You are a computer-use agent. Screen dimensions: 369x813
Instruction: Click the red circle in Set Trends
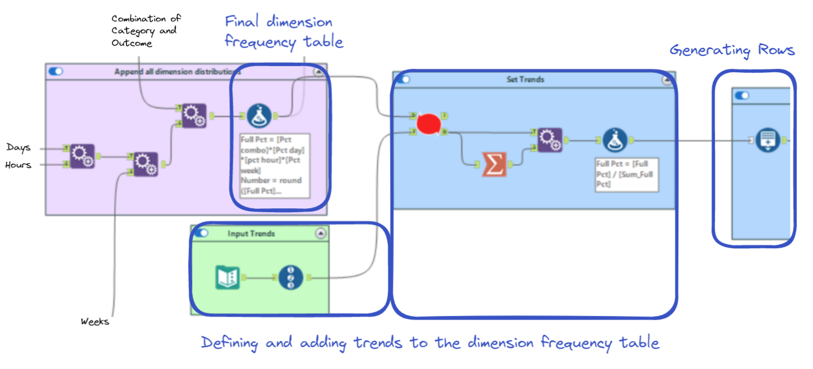(428, 124)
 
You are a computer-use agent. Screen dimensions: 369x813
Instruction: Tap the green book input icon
(228, 277)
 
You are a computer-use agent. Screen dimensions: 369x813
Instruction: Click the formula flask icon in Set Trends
(615, 140)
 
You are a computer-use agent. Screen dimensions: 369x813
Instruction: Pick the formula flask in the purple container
(259, 116)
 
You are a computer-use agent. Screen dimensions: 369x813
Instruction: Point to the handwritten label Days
(19, 147)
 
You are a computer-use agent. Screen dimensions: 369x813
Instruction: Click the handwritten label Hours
(19, 165)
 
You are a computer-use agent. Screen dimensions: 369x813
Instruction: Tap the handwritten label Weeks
(95, 322)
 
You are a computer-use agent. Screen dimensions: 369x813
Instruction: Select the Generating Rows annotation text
(732, 50)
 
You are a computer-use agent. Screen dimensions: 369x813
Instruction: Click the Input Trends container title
(251, 233)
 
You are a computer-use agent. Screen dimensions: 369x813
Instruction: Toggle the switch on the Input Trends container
(201, 233)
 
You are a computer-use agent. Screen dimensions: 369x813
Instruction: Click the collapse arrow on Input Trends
(321, 233)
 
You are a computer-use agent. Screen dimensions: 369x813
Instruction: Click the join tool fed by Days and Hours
(82, 156)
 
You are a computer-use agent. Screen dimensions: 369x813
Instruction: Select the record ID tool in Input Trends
(291, 277)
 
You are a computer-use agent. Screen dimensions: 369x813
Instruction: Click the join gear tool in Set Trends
(549, 140)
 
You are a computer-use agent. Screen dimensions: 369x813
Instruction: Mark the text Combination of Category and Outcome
(146, 30)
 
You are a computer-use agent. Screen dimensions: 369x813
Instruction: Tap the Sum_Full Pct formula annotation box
(626, 174)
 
